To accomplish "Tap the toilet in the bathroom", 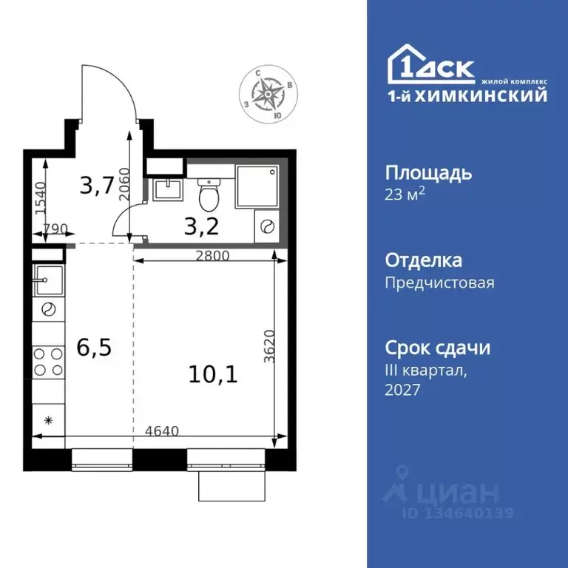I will [x=209, y=195].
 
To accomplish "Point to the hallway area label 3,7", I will [x=97, y=186].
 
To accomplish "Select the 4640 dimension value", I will [x=161, y=430].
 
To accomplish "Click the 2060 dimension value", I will [x=124, y=182].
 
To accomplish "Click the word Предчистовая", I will [x=439, y=283].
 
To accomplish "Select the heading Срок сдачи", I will [x=438, y=348].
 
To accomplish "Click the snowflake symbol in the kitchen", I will [x=49, y=421].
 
